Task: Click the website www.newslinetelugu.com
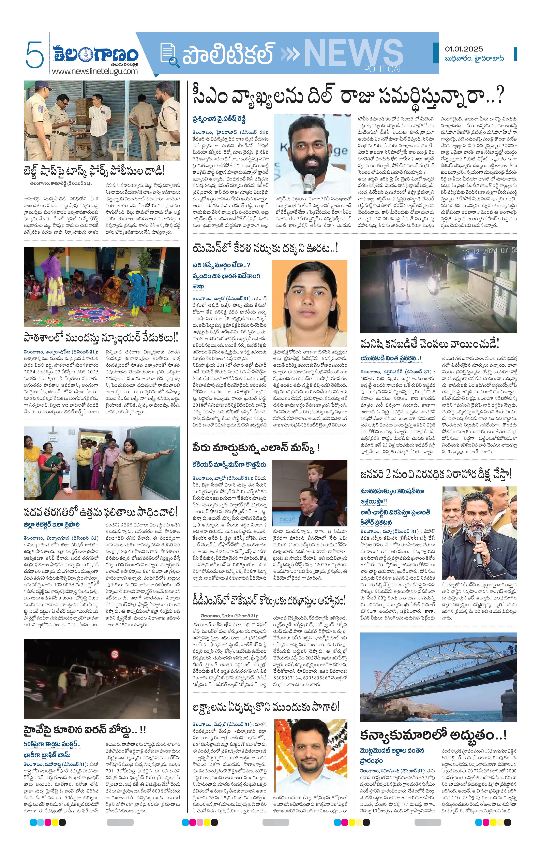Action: [x=94, y=71]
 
